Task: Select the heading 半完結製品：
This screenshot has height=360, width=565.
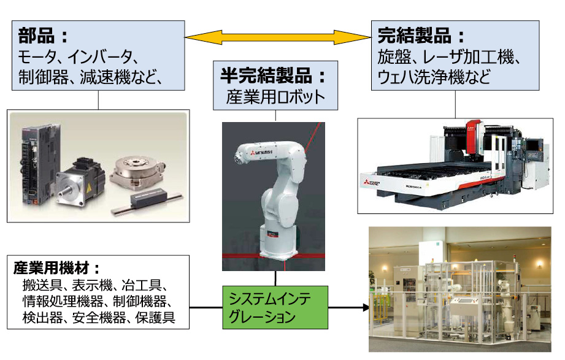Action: [x=274, y=77]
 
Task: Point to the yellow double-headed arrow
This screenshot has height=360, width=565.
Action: [x=279, y=36]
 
